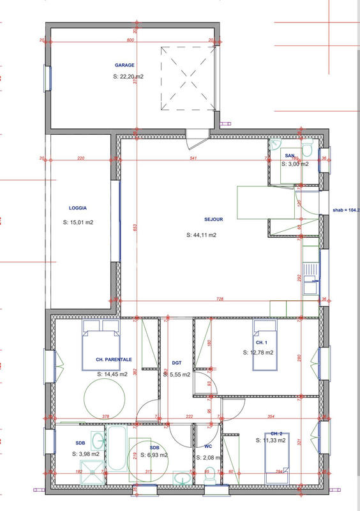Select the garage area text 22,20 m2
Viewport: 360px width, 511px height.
pyautogui.click(x=128, y=77)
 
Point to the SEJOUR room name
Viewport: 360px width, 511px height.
pyautogui.click(x=213, y=218)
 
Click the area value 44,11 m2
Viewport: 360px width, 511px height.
pyautogui.click(x=201, y=235)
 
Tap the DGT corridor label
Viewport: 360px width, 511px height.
pyautogui.click(x=177, y=363)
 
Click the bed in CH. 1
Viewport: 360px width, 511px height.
pyautogui.click(x=267, y=340)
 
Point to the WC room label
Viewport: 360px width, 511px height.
pyautogui.click(x=207, y=446)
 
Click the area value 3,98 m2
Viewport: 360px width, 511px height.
pyautogui.click(x=86, y=454)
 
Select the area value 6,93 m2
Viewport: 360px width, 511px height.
pyautogui.click(x=154, y=455)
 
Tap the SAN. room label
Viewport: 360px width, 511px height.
pyautogui.click(x=289, y=156)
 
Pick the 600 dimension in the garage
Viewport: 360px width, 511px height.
pyautogui.click(x=130, y=40)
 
